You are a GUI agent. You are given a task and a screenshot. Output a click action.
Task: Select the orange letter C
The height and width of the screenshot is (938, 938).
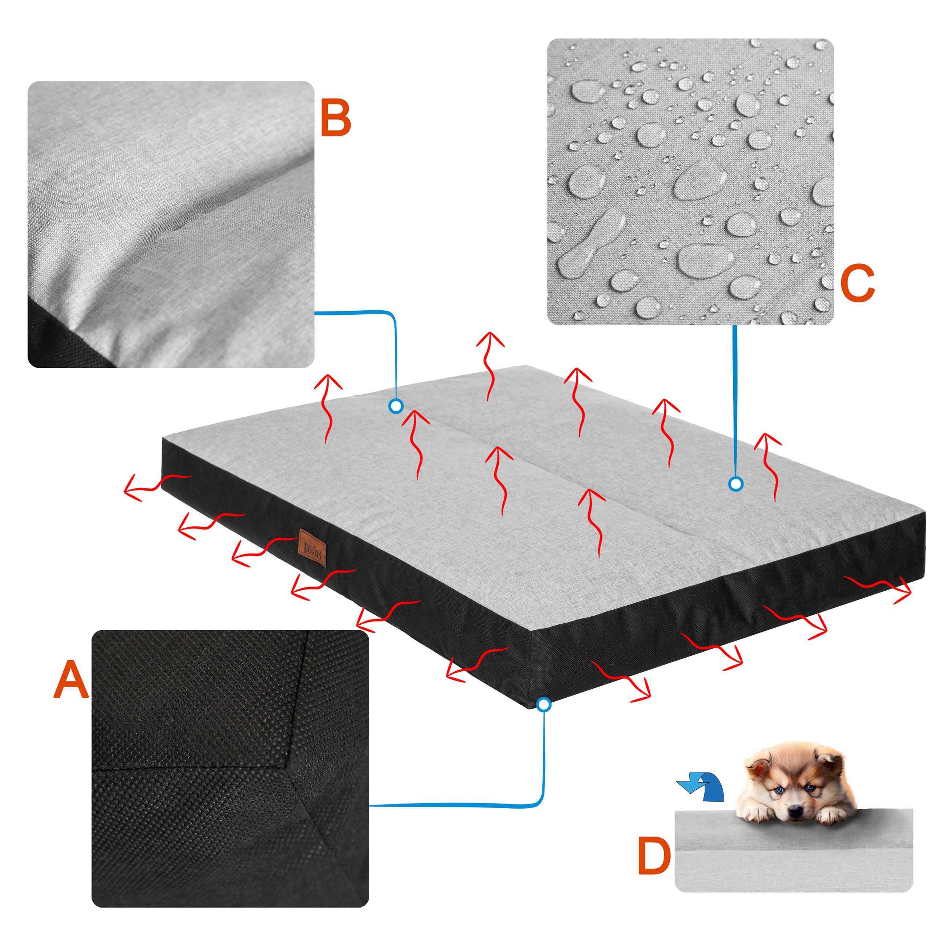(x=857, y=283)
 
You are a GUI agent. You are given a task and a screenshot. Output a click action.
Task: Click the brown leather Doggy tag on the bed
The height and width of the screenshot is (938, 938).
(x=312, y=547)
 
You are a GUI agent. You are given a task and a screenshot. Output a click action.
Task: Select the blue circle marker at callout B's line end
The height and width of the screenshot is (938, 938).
(x=396, y=406)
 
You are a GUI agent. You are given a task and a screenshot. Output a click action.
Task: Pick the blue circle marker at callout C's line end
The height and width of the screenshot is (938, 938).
(x=736, y=484)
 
